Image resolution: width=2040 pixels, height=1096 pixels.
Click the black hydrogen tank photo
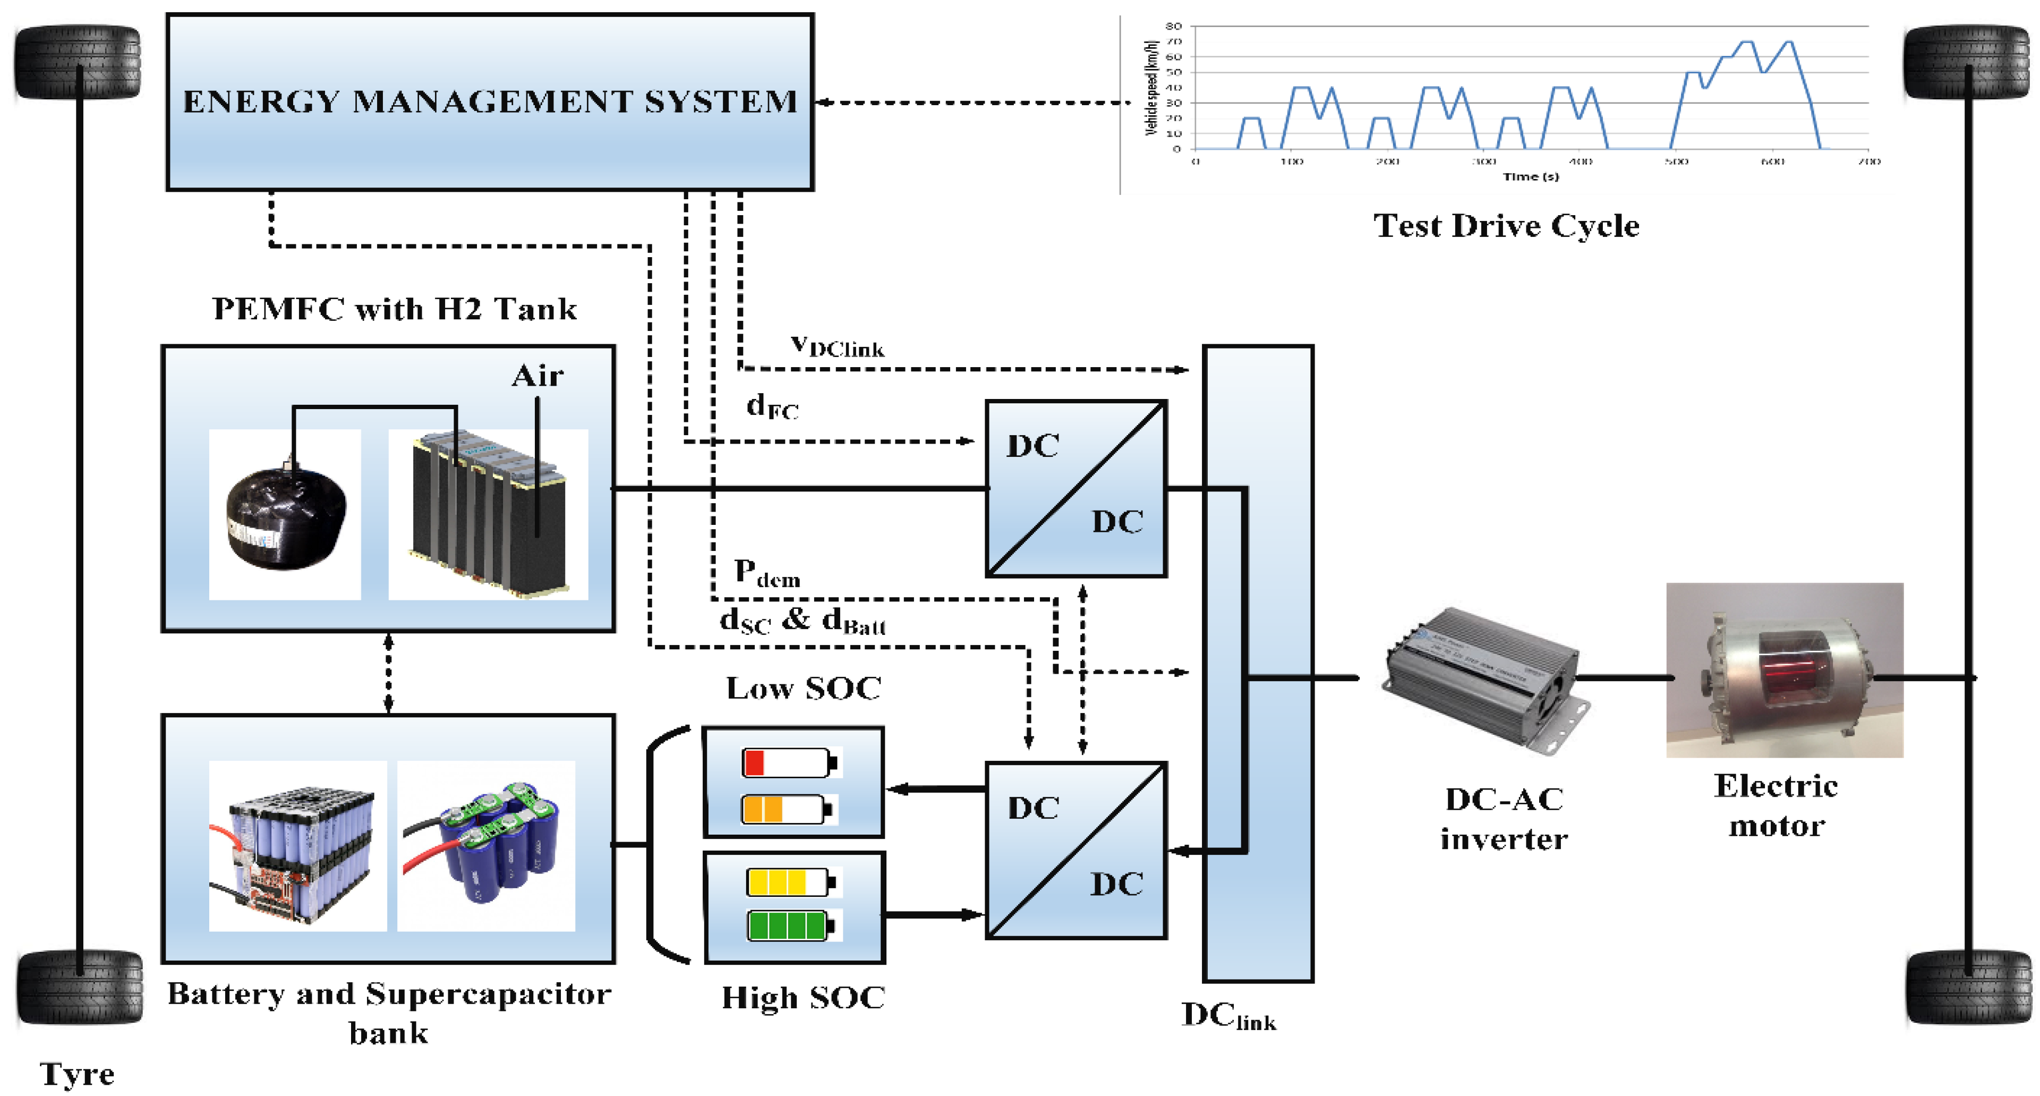click(x=285, y=515)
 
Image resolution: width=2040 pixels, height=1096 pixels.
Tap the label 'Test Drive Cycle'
click(x=1506, y=226)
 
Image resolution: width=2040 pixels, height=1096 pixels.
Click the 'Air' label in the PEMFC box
click(x=537, y=376)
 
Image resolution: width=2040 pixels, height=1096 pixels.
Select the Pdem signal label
click(x=766, y=573)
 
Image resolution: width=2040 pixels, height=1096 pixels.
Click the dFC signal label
click(x=771, y=407)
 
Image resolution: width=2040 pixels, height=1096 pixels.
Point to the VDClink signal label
click(x=837, y=346)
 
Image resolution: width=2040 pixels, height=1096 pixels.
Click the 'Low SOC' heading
click(x=803, y=688)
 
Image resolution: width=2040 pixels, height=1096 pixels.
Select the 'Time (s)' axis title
click(x=1530, y=176)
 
